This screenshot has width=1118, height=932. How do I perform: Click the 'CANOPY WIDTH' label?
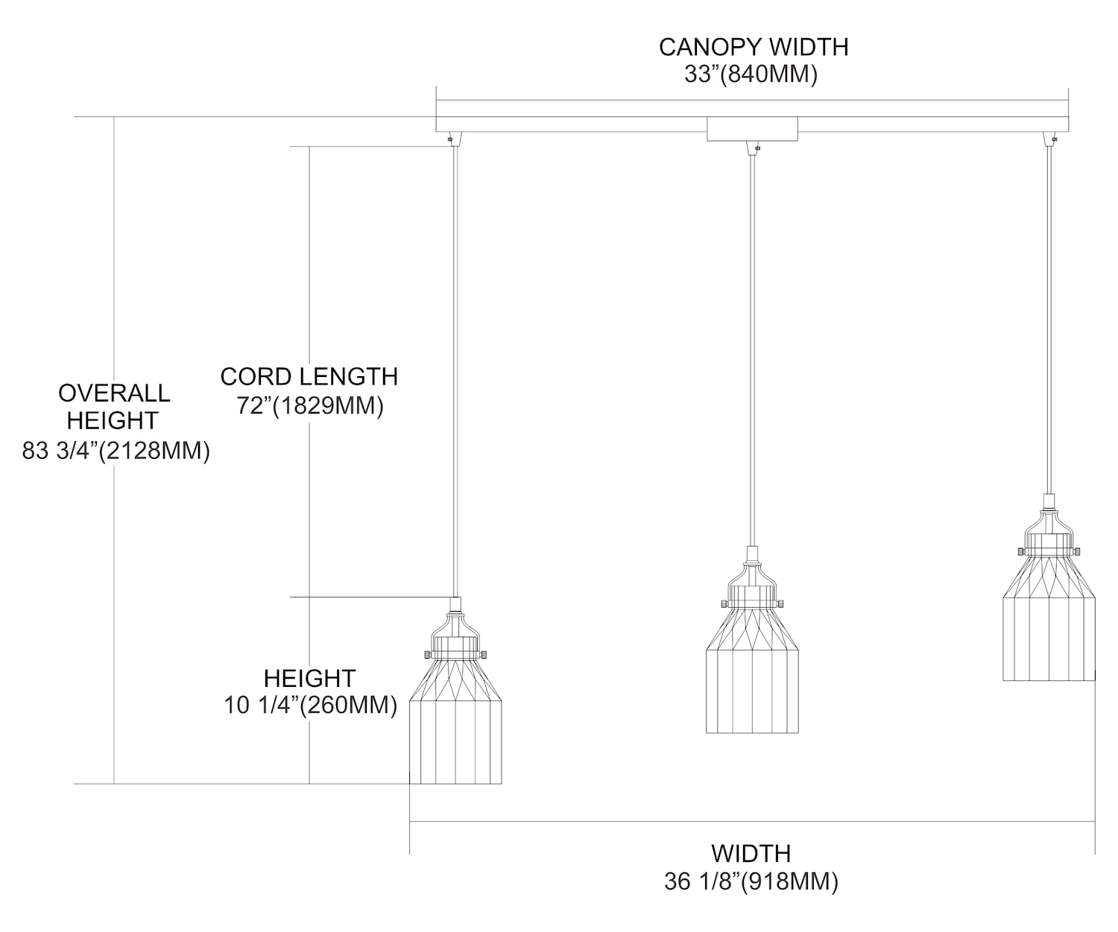(x=753, y=47)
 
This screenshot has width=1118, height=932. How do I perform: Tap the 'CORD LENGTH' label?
(x=309, y=376)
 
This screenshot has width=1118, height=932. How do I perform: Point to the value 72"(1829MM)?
(x=310, y=406)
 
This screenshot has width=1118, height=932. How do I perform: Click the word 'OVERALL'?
(x=114, y=392)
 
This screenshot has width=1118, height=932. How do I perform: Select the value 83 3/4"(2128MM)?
(x=116, y=451)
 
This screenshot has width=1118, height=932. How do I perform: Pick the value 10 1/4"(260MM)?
(x=310, y=705)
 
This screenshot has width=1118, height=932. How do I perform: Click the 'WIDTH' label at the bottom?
(x=751, y=853)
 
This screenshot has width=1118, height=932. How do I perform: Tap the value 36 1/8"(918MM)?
(x=751, y=882)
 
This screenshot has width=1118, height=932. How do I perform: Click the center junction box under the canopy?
(x=752, y=129)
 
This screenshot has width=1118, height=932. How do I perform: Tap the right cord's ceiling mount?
(x=1049, y=139)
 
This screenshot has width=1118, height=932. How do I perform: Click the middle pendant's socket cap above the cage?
(x=752, y=554)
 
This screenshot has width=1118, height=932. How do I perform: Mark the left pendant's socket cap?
(x=455, y=605)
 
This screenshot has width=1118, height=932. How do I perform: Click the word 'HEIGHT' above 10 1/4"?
(x=310, y=678)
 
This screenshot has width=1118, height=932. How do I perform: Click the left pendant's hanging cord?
(x=455, y=373)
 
